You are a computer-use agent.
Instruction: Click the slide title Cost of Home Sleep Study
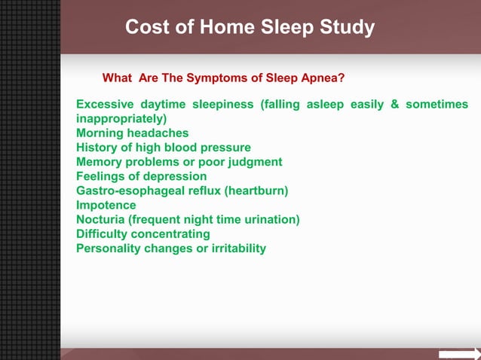coord(250,28)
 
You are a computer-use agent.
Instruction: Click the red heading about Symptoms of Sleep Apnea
coord(223,78)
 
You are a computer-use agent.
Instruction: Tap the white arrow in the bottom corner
coord(459,354)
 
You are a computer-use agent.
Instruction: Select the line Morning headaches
coord(133,133)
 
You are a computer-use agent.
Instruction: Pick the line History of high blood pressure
coord(164,148)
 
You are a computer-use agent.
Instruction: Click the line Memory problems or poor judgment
coord(179,162)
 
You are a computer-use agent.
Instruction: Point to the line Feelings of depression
coord(142,176)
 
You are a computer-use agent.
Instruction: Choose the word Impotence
coord(106,205)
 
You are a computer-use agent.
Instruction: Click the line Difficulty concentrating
coord(143,233)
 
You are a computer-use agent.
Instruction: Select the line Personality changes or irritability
coord(171,248)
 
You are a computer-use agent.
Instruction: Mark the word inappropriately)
coord(121,119)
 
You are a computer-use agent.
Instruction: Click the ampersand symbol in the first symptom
coord(394,105)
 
